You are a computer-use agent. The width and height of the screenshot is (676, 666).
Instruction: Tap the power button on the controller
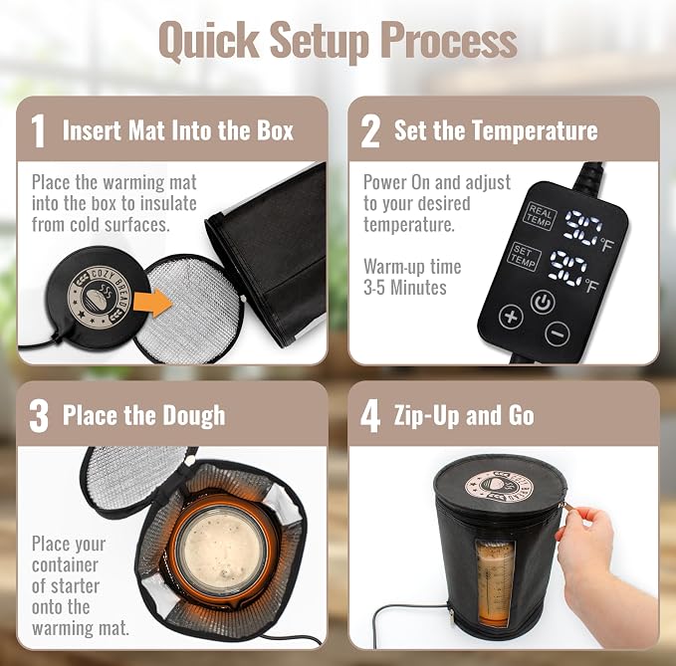click(543, 303)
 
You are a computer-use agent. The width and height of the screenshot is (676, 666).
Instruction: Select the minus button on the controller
click(558, 333)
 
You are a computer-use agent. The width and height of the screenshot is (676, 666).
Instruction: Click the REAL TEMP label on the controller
click(540, 216)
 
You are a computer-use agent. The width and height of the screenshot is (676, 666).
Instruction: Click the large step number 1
click(39, 131)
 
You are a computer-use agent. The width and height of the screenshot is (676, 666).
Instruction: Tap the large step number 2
click(370, 131)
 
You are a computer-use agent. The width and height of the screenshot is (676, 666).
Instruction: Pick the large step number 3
click(39, 415)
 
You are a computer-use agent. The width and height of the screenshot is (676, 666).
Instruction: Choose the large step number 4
click(370, 415)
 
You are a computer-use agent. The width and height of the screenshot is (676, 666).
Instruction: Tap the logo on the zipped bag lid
click(499, 486)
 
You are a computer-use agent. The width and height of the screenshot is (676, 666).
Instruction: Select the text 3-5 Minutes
click(405, 288)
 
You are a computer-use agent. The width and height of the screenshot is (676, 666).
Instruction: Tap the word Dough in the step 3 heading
click(193, 416)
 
